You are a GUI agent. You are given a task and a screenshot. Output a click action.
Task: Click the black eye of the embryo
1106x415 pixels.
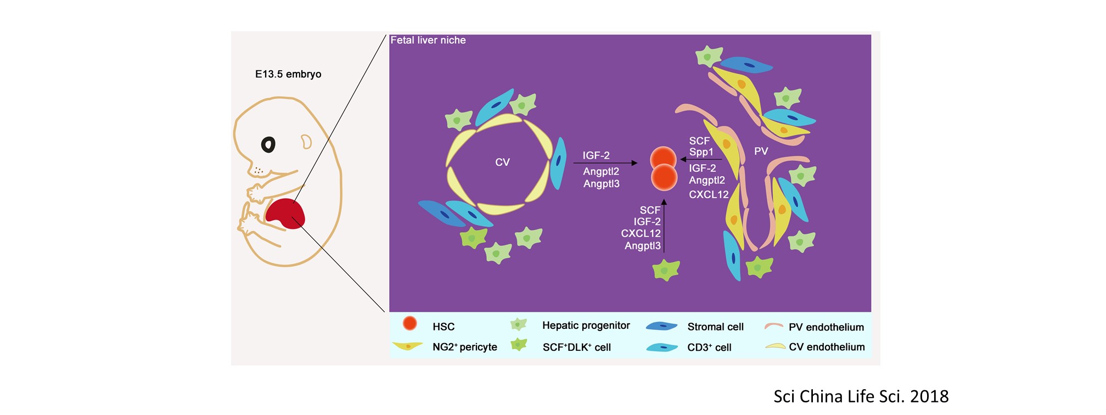point(268,144)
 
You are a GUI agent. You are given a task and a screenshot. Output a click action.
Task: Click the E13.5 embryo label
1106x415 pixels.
point(288,74)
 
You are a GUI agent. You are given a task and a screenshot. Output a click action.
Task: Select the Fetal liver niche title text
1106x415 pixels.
point(428,40)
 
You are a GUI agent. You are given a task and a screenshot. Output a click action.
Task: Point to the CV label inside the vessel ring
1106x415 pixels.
point(502,162)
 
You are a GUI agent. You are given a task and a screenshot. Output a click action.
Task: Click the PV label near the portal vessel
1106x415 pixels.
point(761,151)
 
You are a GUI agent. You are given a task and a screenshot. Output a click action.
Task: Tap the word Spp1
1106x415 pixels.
point(701,152)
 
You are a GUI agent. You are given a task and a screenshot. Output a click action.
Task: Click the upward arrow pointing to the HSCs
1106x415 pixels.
point(664,225)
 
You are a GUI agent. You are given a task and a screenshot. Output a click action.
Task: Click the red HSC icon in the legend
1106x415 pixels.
point(409,323)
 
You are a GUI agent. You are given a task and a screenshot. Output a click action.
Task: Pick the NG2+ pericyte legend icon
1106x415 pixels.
point(407,346)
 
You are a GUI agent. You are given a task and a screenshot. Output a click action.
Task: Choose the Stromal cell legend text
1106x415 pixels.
point(715,327)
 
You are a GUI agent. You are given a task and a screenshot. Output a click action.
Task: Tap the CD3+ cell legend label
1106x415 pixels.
point(709,347)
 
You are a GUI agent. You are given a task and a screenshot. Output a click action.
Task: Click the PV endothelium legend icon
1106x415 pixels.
point(774,326)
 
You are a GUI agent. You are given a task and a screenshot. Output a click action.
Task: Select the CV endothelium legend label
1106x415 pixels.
point(827,347)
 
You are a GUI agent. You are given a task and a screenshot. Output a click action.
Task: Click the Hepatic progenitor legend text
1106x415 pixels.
point(586,326)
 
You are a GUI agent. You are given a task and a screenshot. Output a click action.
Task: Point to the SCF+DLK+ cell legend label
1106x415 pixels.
point(576,347)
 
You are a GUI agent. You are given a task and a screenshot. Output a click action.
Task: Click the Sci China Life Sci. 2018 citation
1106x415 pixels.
point(861,396)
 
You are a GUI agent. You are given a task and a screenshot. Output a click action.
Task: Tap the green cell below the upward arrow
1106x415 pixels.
point(666,270)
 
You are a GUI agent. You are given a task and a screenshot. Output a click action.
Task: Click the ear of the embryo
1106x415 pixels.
point(306,142)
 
